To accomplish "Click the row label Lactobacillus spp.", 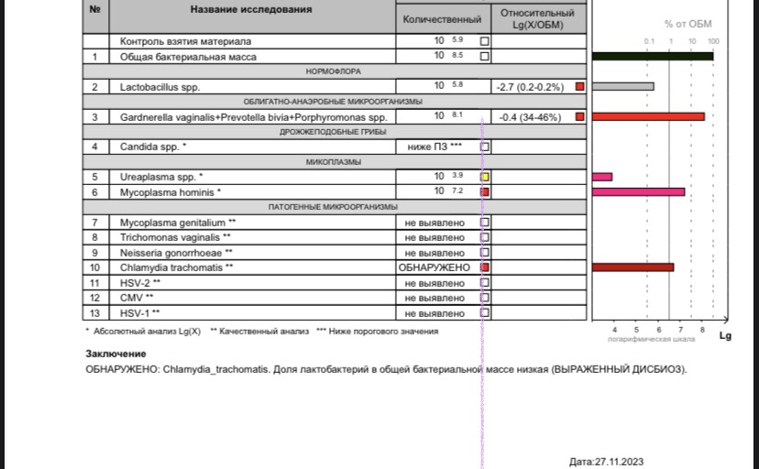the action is (x=159, y=87).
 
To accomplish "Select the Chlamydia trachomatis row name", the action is (x=177, y=267).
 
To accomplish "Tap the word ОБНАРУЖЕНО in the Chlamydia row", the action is (x=434, y=267).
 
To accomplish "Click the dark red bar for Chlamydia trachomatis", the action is (x=632, y=267).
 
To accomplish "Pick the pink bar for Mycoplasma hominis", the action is (x=638, y=191).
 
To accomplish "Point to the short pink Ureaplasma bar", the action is (x=602, y=176).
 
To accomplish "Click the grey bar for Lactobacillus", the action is (x=622, y=87).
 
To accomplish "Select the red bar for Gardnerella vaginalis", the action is (x=648, y=116).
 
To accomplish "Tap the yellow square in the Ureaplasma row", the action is (x=485, y=176).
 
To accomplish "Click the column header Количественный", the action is (x=443, y=19).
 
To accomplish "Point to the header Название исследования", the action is (x=250, y=10).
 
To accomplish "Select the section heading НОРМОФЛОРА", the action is (x=332, y=71).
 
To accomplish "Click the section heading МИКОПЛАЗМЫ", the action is (x=332, y=162).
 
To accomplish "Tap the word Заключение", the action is (x=115, y=354).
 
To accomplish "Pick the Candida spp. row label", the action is (x=153, y=147).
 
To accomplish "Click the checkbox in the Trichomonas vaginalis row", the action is (x=485, y=237).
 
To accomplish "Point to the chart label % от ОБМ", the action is (x=687, y=24).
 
